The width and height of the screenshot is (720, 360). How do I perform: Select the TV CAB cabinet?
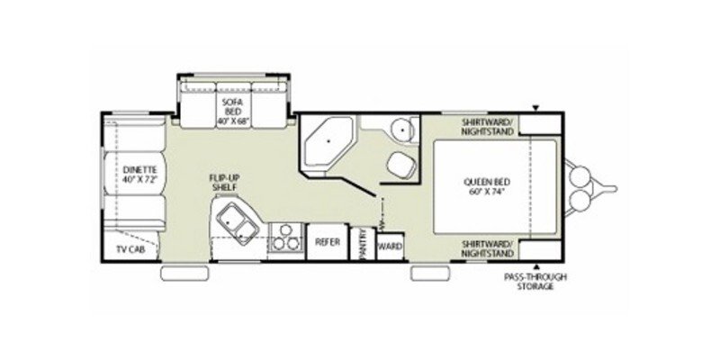pos(131,249)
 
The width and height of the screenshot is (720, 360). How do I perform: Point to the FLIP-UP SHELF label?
pos(225,183)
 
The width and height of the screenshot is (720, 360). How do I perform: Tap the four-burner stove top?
pos(285,238)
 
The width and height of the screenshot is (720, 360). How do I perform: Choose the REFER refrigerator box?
pos(325,242)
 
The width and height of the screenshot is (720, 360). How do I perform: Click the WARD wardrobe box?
pos(389,245)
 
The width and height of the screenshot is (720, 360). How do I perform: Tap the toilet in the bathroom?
pos(400,165)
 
